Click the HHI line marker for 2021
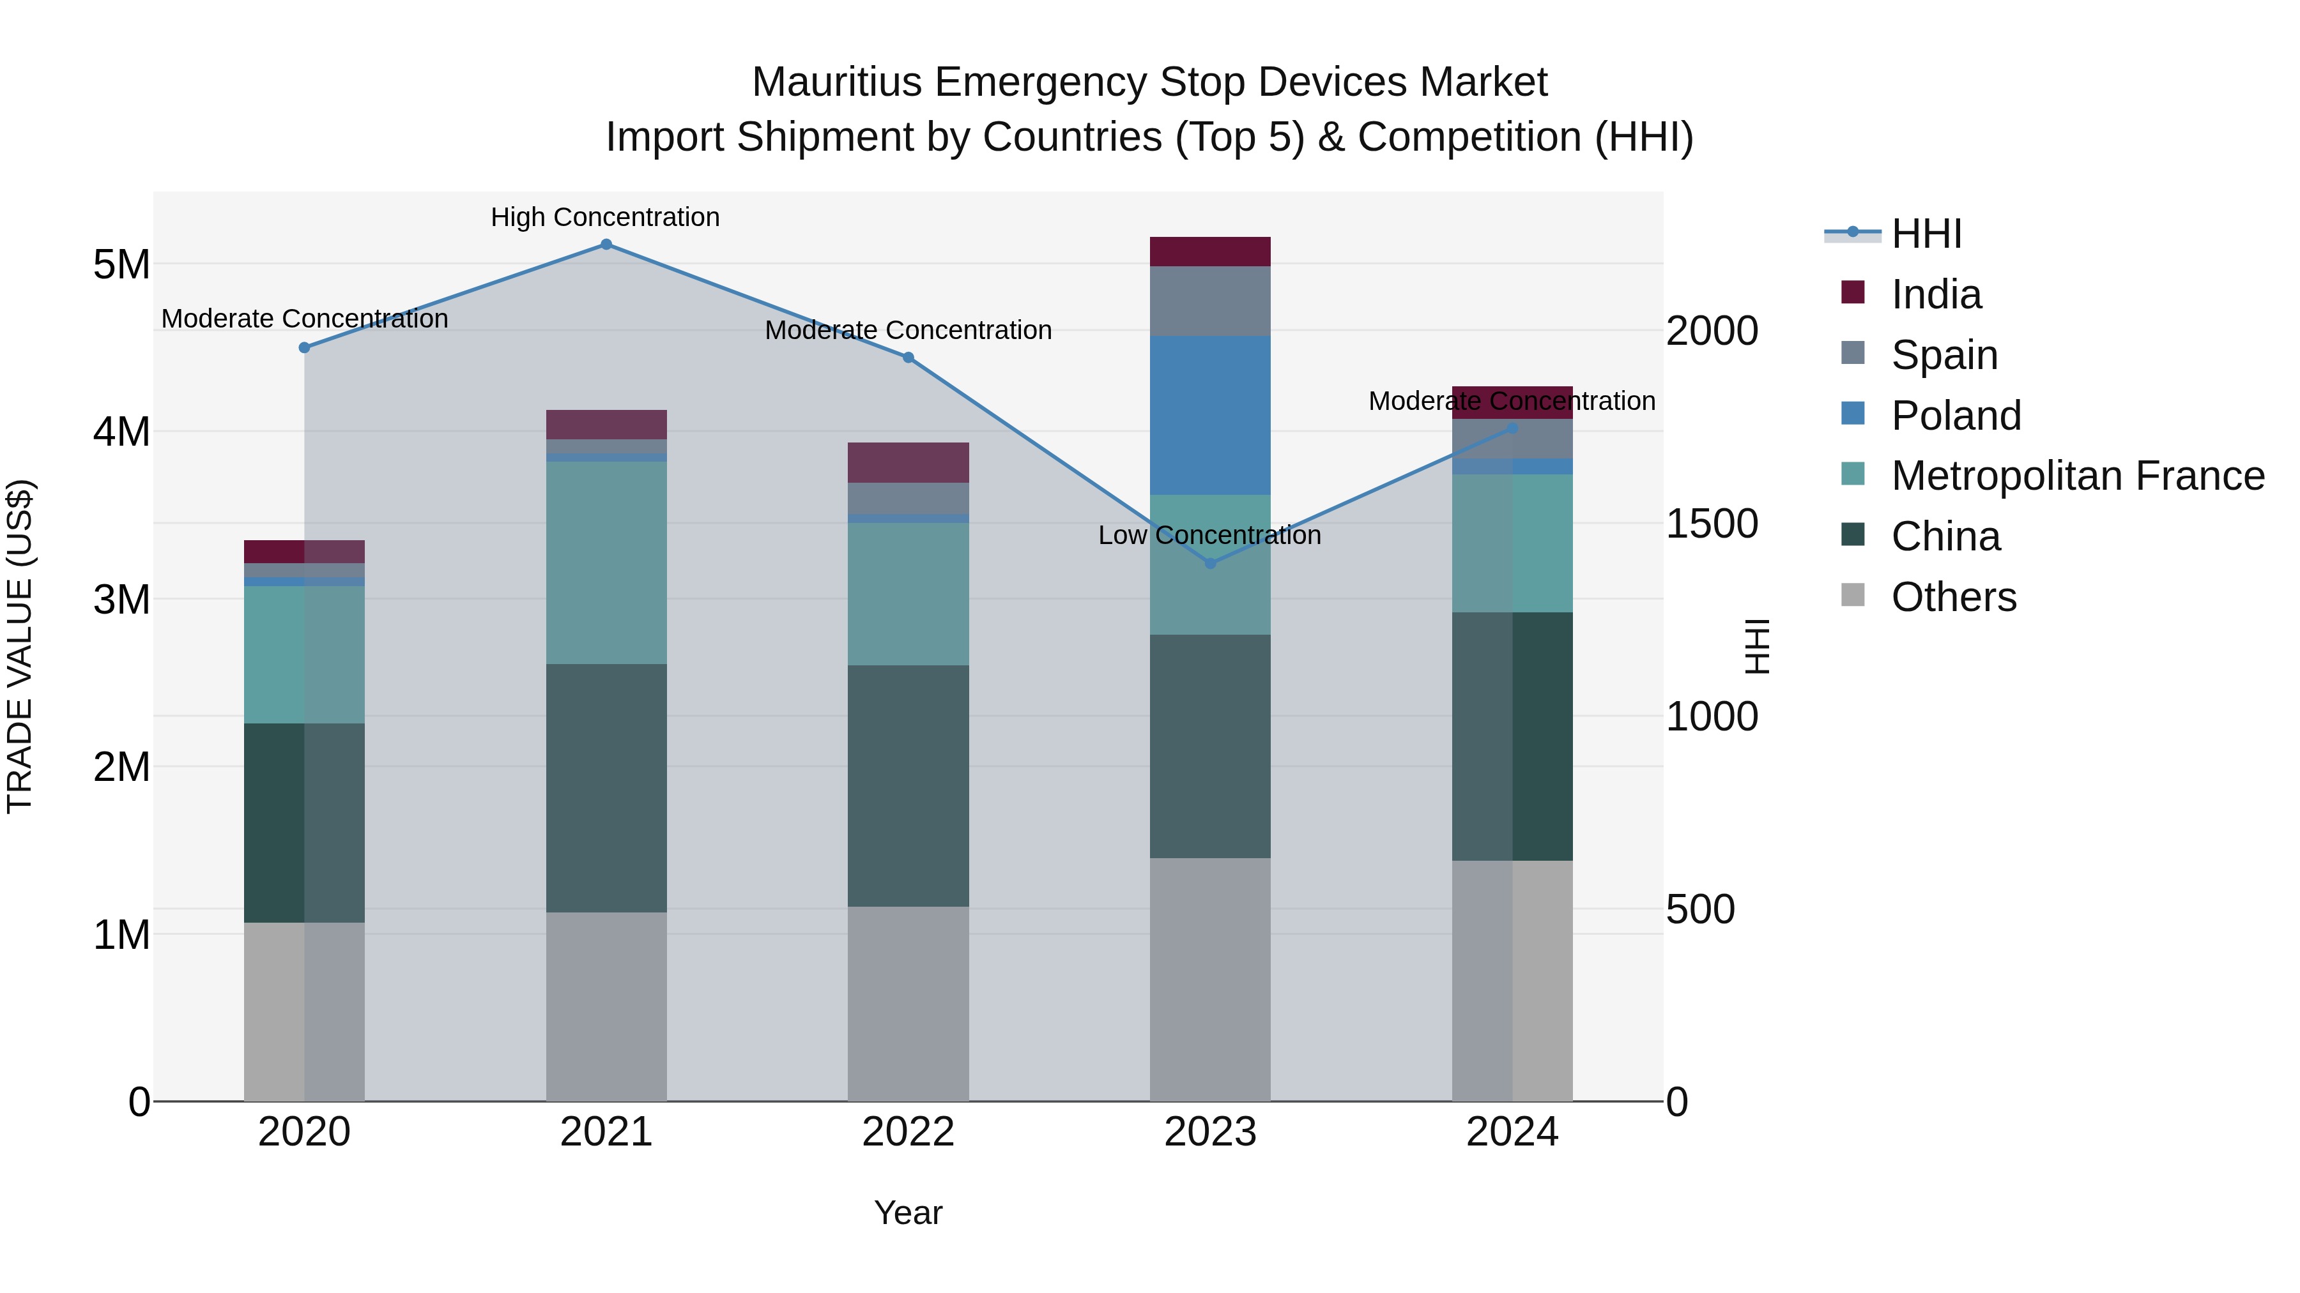click(x=606, y=245)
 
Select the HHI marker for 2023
click(x=1210, y=563)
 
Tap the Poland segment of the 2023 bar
click(x=1210, y=415)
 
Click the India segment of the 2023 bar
click(x=1210, y=252)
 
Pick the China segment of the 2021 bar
click(x=606, y=788)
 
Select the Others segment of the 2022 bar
click(x=908, y=1003)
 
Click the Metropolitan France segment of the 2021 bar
click(x=606, y=562)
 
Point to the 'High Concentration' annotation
click(x=606, y=217)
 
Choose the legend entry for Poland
click(x=1956, y=416)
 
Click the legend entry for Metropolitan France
click(x=2077, y=476)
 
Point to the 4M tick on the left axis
click(x=121, y=432)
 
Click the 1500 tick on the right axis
click(x=1712, y=524)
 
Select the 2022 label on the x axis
click(x=908, y=1132)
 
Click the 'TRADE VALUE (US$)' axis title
click(x=20, y=646)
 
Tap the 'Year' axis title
click(x=908, y=1213)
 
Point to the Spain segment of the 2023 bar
click(x=1210, y=301)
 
